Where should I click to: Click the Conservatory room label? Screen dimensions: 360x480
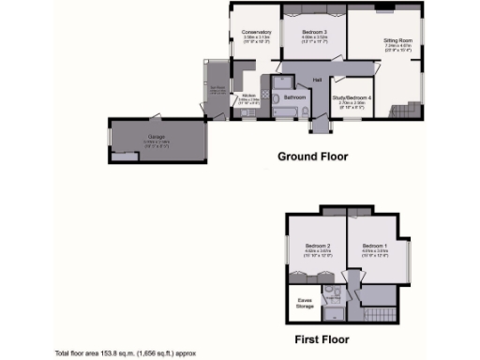click(256, 32)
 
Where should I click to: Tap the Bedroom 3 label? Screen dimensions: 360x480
click(314, 32)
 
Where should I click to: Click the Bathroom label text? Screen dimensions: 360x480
click(296, 97)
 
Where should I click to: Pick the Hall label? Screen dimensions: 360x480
click(318, 79)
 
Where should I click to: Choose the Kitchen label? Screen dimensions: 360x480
click(248, 95)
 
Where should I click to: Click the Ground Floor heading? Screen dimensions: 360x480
click(313, 157)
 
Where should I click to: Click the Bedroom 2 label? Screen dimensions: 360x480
click(315, 246)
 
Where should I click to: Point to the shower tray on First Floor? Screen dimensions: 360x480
click(330, 300)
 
